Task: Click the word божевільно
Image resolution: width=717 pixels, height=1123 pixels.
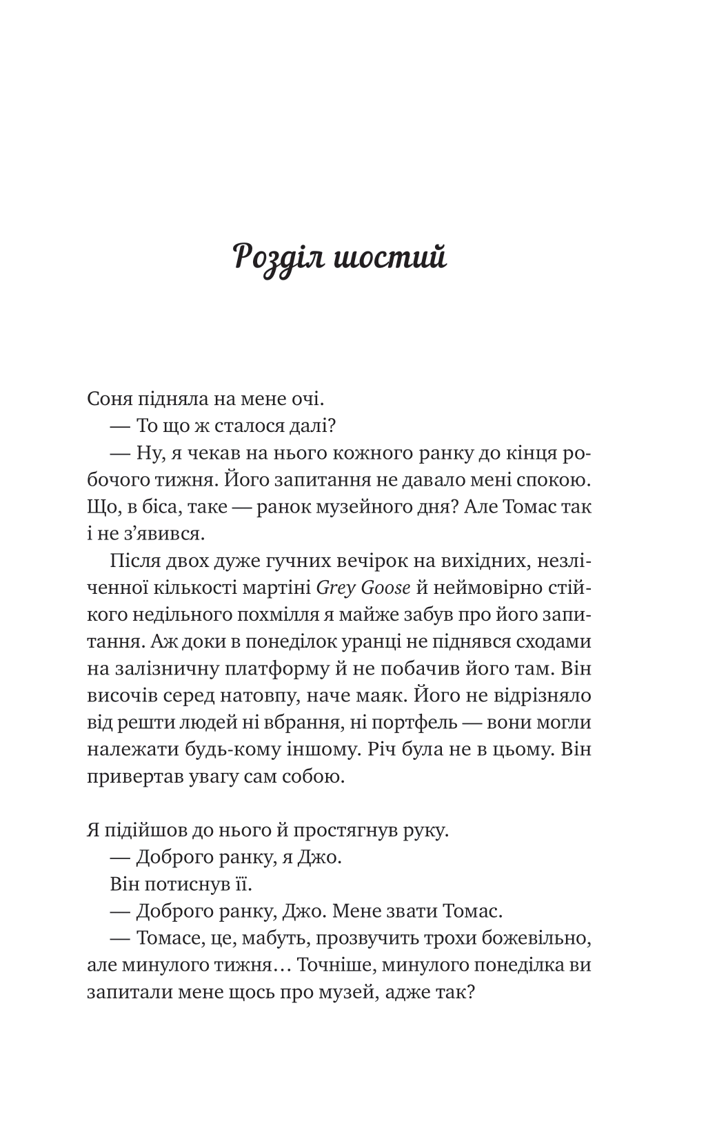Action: (534, 938)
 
